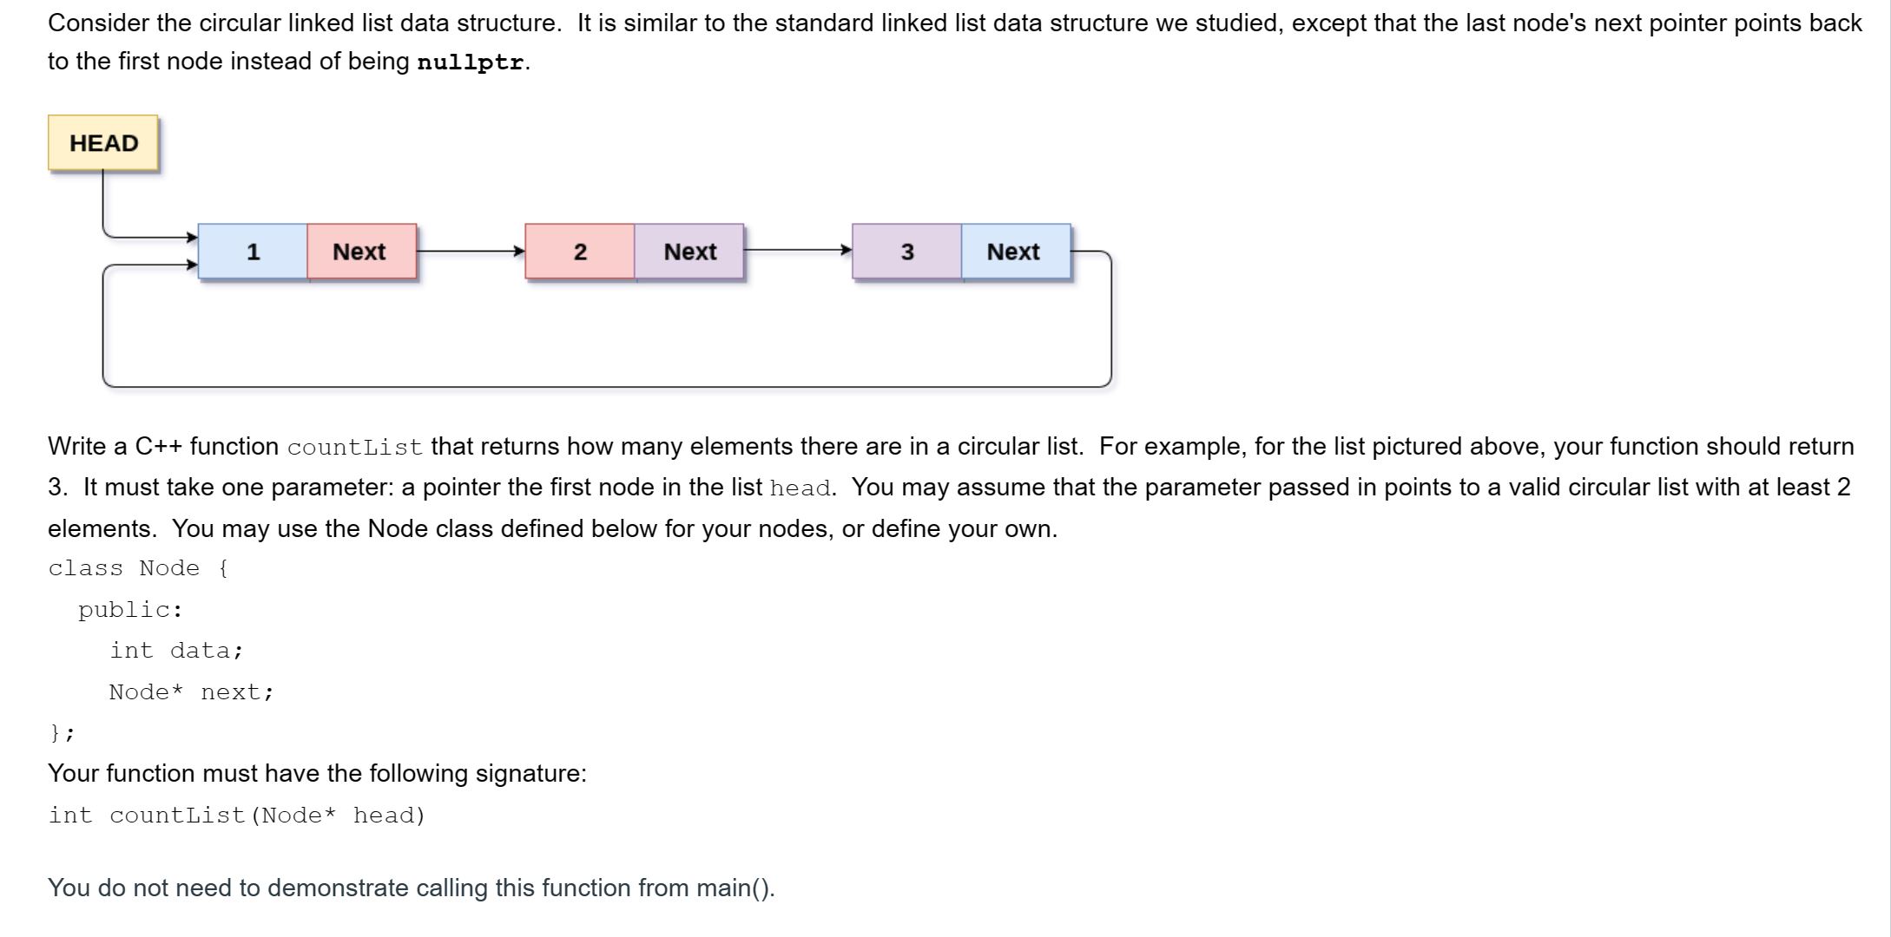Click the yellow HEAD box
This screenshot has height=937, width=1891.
pyautogui.click(x=103, y=143)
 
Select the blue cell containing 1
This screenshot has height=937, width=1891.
pyautogui.click(x=253, y=252)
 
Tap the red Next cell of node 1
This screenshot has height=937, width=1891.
pyautogui.click(x=361, y=252)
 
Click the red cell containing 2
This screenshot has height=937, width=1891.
pyautogui.click(x=579, y=252)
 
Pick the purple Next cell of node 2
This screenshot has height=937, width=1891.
pyautogui.click(x=689, y=252)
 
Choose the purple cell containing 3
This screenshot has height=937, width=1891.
pyautogui.click(x=906, y=252)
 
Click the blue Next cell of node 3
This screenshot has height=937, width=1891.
pyautogui.click(x=1015, y=252)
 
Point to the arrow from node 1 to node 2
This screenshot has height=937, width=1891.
pyautogui.click(x=471, y=252)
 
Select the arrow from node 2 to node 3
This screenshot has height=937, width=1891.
pyautogui.click(x=797, y=251)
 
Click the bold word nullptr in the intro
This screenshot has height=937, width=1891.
pyautogui.click(x=470, y=62)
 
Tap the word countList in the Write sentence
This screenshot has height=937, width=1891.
pyautogui.click(x=354, y=448)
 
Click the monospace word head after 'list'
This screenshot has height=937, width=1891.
pyautogui.click(x=800, y=488)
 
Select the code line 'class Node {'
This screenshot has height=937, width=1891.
pyautogui.click(x=138, y=568)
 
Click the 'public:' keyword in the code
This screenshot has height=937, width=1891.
pyautogui.click(x=130, y=610)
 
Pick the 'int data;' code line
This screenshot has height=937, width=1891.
pyautogui.click(x=176, y=651)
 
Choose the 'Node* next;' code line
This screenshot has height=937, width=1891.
pyautogui.click(x=191, y=692)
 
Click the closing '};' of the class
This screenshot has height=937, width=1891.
pyautogui.click(x=62, y=733)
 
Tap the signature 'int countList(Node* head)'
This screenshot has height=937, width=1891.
pyautogui.click(x=237, y=816)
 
